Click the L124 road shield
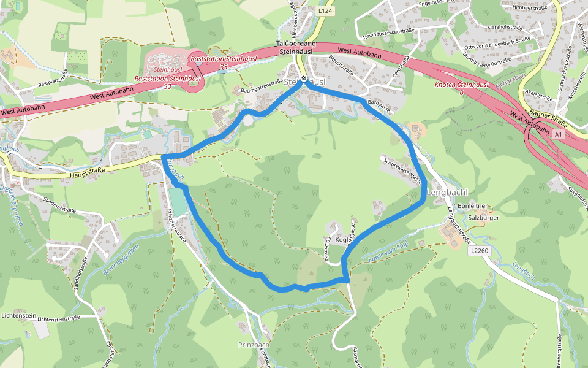tap(325, 11)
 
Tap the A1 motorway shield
tap(558, 133)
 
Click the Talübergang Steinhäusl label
tap(296, 48)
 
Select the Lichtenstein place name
tap(18, 315)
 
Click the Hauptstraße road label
tap(88, 170)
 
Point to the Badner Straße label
tap(549, 118)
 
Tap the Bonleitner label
tap(473, 205)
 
